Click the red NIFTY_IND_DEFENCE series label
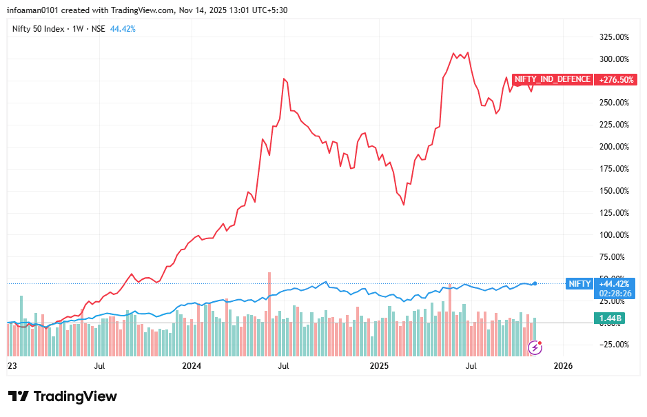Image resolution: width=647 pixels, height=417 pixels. pos(552,79)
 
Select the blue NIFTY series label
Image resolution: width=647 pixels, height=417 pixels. pos(578,283)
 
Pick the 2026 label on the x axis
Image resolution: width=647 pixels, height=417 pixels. pos(564,365)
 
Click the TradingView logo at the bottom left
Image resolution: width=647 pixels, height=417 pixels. pos(63,396)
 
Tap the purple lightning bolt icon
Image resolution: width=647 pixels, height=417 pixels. pos(535,347)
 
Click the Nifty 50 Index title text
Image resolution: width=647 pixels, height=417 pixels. pos(40,29)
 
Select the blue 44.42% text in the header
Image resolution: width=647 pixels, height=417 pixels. pos(123,29)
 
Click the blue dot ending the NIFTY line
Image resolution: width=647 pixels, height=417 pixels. pos(535,283)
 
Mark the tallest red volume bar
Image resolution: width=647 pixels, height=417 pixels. pos(269,296)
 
